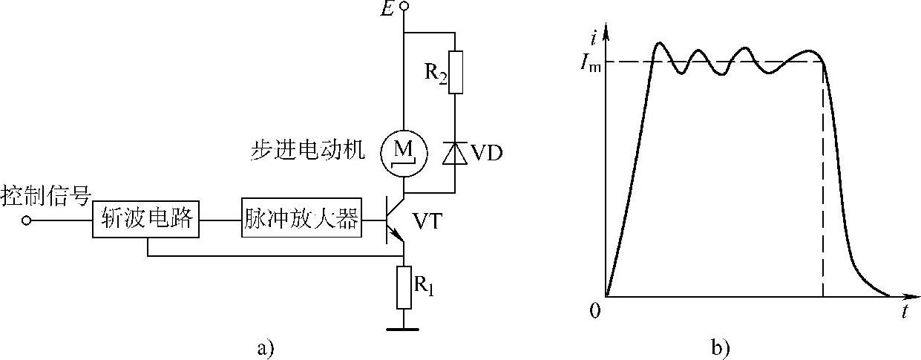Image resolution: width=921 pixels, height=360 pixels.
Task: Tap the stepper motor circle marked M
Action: (403, 152)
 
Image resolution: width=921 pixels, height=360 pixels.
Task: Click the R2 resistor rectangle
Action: (455, 72)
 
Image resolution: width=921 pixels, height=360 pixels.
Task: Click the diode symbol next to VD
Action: (455, 153)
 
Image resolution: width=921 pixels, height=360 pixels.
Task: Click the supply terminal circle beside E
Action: (404, 7)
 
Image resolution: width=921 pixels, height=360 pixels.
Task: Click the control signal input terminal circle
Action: (27, 220)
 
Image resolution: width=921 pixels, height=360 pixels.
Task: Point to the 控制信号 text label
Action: (46, 197)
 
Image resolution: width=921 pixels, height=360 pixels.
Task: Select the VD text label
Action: (486, 154)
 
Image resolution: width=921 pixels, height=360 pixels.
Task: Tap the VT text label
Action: (430, 220)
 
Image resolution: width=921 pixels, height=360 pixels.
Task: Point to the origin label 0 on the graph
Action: (594, 310)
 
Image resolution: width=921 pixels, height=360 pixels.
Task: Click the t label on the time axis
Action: (905, 312)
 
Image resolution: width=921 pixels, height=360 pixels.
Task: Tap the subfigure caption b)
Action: (718, 347)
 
